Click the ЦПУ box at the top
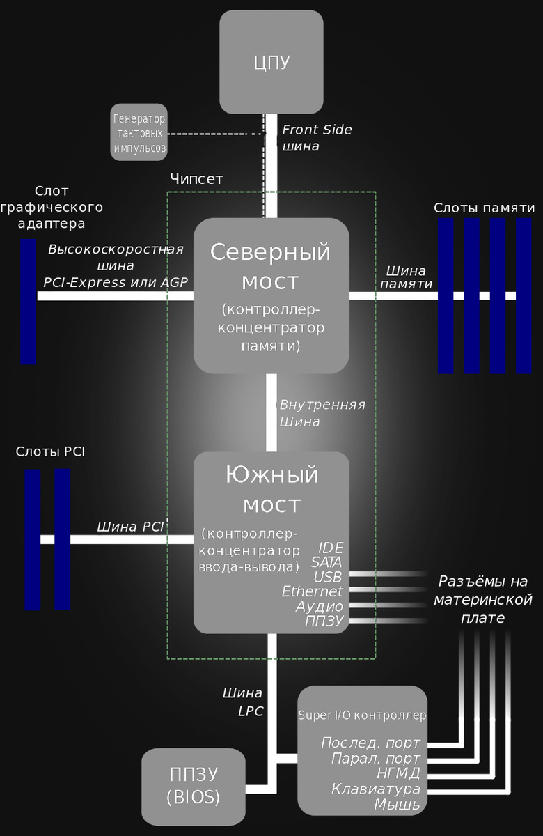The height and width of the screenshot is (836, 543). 271,62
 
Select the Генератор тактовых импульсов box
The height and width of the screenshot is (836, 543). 139,132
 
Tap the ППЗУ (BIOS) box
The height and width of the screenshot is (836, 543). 194,786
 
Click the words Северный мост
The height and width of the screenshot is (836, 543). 271,266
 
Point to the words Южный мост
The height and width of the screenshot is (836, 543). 271,489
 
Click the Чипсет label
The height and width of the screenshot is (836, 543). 196,179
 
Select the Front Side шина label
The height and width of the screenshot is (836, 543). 317,138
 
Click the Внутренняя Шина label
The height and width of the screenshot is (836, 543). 322,412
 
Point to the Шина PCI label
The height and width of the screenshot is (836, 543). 130,527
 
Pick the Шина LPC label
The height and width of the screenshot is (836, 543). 242,702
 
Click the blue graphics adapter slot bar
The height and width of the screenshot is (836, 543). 29,302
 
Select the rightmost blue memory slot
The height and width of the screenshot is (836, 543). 524,296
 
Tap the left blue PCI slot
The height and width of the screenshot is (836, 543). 33,539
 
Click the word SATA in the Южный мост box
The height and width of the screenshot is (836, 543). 326,562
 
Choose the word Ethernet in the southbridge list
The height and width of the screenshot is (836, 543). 312,591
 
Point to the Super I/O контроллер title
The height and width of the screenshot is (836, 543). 362,715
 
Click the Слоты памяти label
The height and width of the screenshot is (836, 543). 484,208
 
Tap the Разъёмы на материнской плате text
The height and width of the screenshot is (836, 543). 483,599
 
